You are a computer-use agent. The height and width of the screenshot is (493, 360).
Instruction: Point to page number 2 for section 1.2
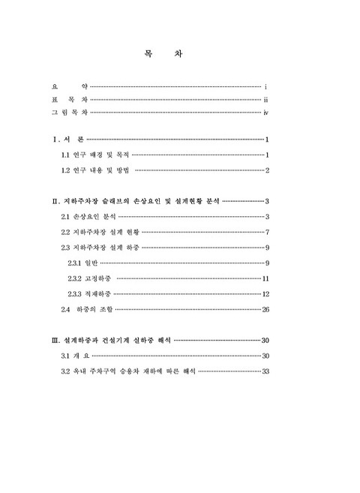point(267,170)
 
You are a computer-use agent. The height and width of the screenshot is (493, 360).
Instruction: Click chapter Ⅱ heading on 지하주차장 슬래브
point(135,202)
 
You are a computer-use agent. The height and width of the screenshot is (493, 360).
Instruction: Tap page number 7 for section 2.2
point(267,232)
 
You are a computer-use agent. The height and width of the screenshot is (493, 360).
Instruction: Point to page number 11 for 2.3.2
point(265,278)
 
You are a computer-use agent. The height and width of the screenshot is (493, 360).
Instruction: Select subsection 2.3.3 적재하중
point(88,293)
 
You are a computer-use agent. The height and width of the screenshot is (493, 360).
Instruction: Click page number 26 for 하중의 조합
point(265,309)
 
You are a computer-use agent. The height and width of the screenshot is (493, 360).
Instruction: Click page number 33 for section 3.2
point(265,371)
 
